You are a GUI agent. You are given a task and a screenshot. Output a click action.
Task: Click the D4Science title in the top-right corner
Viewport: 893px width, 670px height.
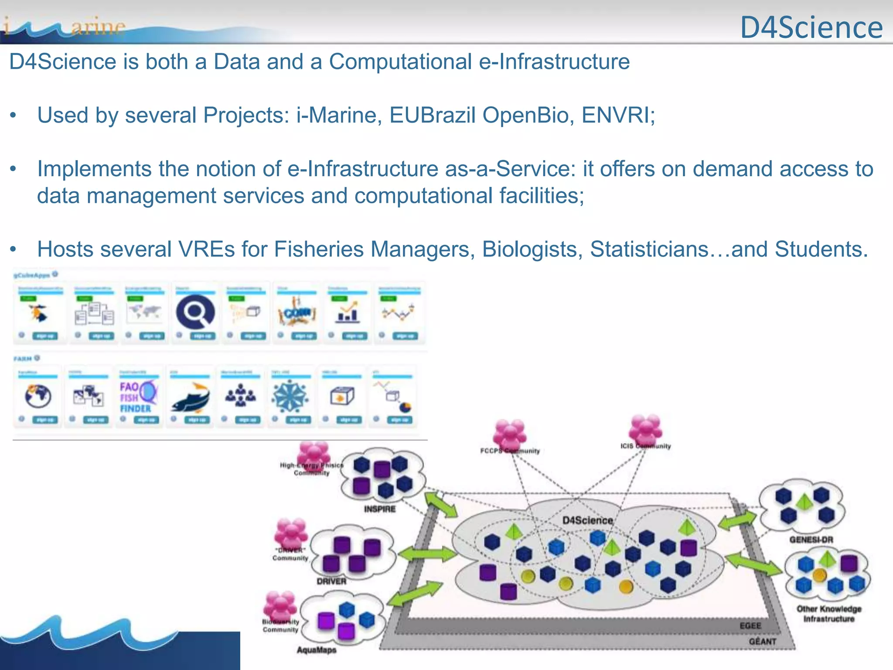(x=811, y=27)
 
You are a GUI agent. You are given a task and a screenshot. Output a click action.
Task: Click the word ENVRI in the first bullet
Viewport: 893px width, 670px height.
(x=617, y=116)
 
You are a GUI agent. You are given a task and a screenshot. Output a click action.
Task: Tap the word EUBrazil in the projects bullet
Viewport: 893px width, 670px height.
(x=432, y=116)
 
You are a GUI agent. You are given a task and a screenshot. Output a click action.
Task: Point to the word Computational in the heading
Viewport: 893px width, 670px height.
(x=400, y=62)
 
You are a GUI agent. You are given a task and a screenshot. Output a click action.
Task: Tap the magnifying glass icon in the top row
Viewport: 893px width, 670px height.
(x=195, y=312)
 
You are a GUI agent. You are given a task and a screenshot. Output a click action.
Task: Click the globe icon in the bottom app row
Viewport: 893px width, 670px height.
(x=37, y=396)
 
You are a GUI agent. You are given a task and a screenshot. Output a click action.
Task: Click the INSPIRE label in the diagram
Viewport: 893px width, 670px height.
(x=380, y=509)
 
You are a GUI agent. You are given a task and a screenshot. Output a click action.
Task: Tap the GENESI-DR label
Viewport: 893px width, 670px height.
(x=811, y=540)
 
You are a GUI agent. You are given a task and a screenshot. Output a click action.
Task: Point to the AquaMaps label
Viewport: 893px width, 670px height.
(x=317, y=650)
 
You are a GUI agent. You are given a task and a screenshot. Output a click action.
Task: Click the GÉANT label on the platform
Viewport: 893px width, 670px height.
(x=763, y=641)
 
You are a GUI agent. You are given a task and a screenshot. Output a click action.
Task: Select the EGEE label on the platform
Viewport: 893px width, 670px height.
(x=750, y=626)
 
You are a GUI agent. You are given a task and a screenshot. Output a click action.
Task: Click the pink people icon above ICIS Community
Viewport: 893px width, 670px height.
(x=645, y=428)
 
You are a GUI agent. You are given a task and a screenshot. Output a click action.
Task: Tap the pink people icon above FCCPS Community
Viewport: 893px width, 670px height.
(x=509, y=433)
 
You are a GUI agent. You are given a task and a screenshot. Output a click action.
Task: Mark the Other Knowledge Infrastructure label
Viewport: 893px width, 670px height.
(x=829, y=614)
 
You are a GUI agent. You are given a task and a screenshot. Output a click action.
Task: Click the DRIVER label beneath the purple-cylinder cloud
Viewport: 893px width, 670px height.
(x=331, y=581)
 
